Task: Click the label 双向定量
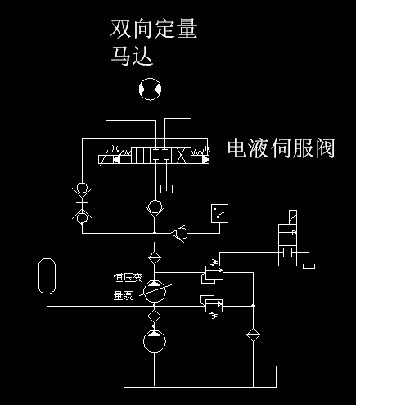[x=154, y=29]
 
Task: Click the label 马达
[x=132, y=56]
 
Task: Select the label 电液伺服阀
[x=281, y=148]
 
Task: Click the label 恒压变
[x=128, y=278]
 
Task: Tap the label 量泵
[x=123, y=296]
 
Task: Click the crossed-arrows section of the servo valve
[x=181, y=155]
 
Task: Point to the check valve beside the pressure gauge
[x=180, y=234]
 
